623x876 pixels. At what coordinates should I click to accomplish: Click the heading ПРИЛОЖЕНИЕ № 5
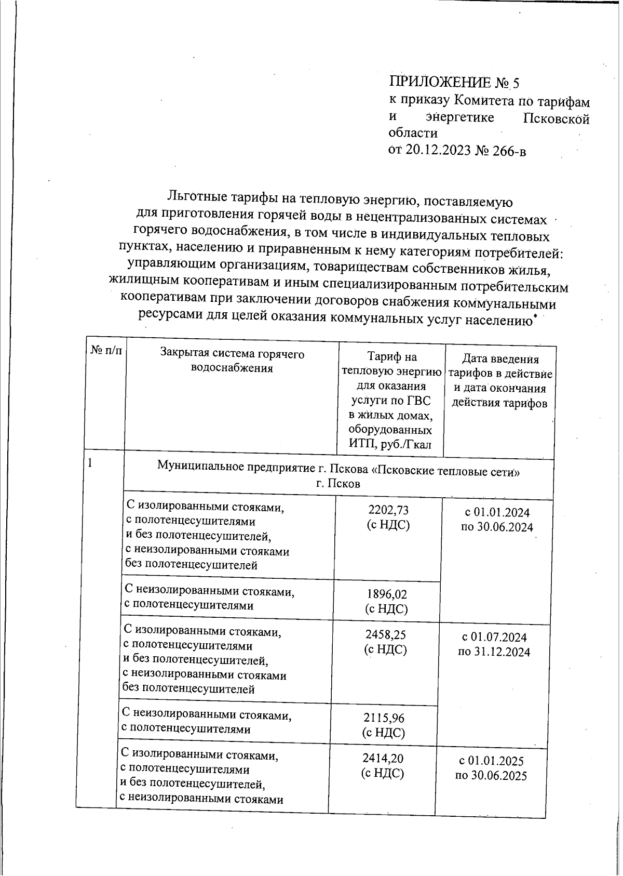[x=454, y=83]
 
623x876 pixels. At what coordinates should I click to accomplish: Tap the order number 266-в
[x=508, y=151]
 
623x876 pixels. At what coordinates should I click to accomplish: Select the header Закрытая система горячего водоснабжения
[x=232, y=361]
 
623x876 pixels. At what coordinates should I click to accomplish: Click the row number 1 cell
[x=90, y=462]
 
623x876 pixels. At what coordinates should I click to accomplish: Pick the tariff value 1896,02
[x=387, y=594]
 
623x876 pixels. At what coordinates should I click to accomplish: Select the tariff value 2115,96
[x=384, y=718]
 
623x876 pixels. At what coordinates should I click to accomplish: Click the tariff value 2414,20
[x=383, y=759]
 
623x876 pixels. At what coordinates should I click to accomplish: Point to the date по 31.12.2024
[x=494, y=652]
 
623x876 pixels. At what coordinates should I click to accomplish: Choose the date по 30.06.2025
[x=491, y=776]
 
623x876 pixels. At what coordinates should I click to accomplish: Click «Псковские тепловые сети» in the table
[x=446, y=472]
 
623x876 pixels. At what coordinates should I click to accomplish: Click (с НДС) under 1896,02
[x=387, y=608]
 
